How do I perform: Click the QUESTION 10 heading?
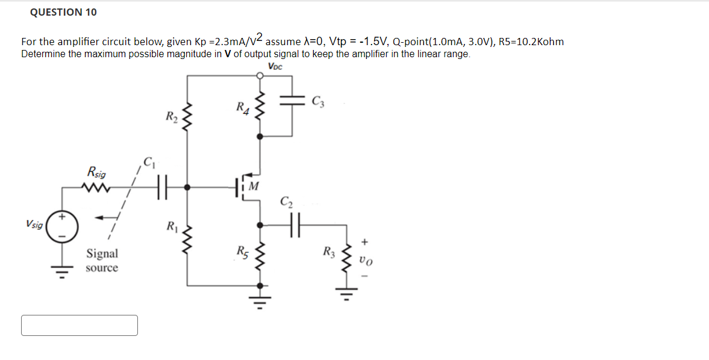(x=63, y=12)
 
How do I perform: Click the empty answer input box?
(x=80, y=325)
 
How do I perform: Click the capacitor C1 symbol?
(x=161, y=187)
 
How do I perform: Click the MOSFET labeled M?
(x=247, y=187)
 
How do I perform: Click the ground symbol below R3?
(x=346, y=295)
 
